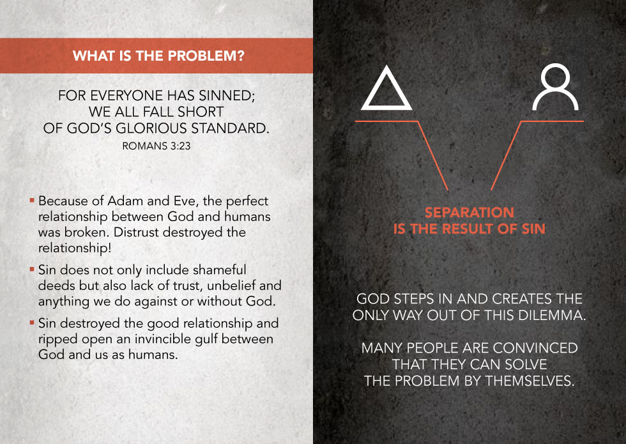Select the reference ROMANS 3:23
[156, 146]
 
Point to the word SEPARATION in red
[469, 212]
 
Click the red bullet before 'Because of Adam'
[32, 199]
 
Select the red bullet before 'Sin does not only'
[32, 269]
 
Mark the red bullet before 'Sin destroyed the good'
[32, 322]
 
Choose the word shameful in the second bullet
[220, 270]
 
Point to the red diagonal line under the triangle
[433, 155]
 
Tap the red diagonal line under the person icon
[506, 155]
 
